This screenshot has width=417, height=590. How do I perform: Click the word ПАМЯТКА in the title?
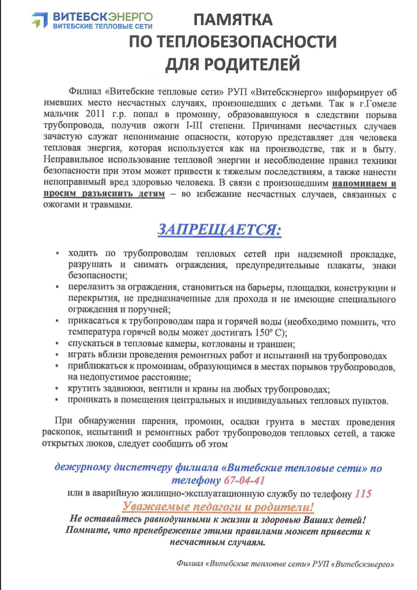pos(233,20)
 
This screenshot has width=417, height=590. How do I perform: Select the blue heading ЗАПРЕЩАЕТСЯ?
pos(219,229)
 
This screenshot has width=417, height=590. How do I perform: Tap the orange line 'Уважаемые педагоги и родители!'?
pos(219,506)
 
